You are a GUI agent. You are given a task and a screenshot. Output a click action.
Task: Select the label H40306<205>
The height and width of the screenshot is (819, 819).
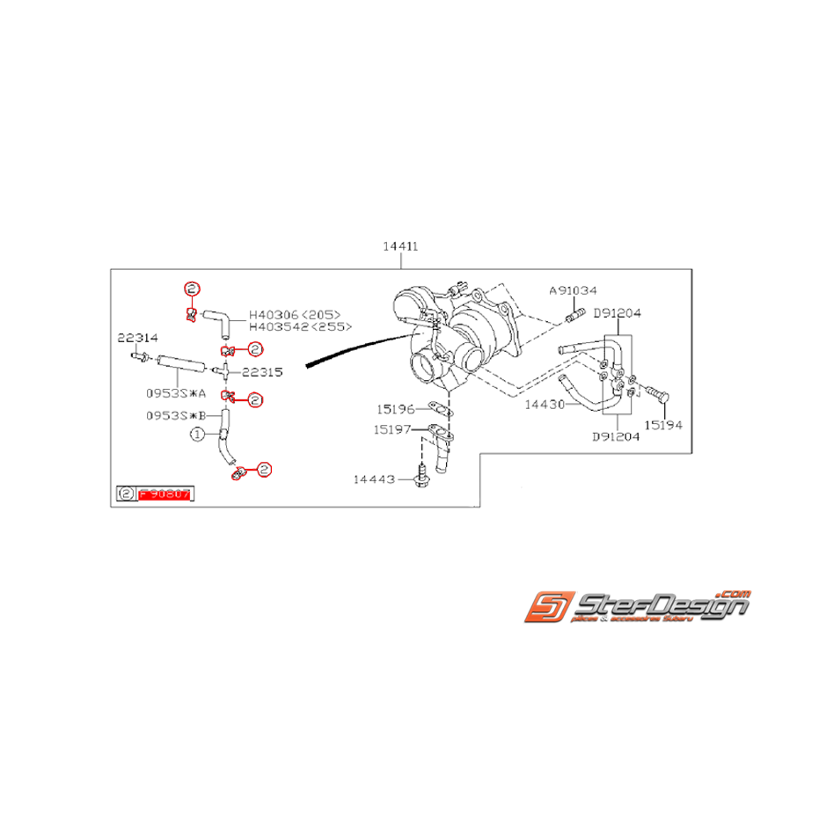tap(294, 314)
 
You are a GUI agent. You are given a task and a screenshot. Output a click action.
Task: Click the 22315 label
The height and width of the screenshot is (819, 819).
tap(262, 372)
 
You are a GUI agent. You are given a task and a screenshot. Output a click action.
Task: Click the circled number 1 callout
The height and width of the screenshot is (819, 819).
tap(198, 434)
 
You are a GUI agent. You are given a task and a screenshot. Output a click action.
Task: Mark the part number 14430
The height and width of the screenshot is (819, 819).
tap(544, 406)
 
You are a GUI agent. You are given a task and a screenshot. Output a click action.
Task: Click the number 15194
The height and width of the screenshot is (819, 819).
tap(662, 425)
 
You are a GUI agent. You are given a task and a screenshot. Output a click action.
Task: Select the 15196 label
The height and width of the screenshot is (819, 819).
tap(396, 409)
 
